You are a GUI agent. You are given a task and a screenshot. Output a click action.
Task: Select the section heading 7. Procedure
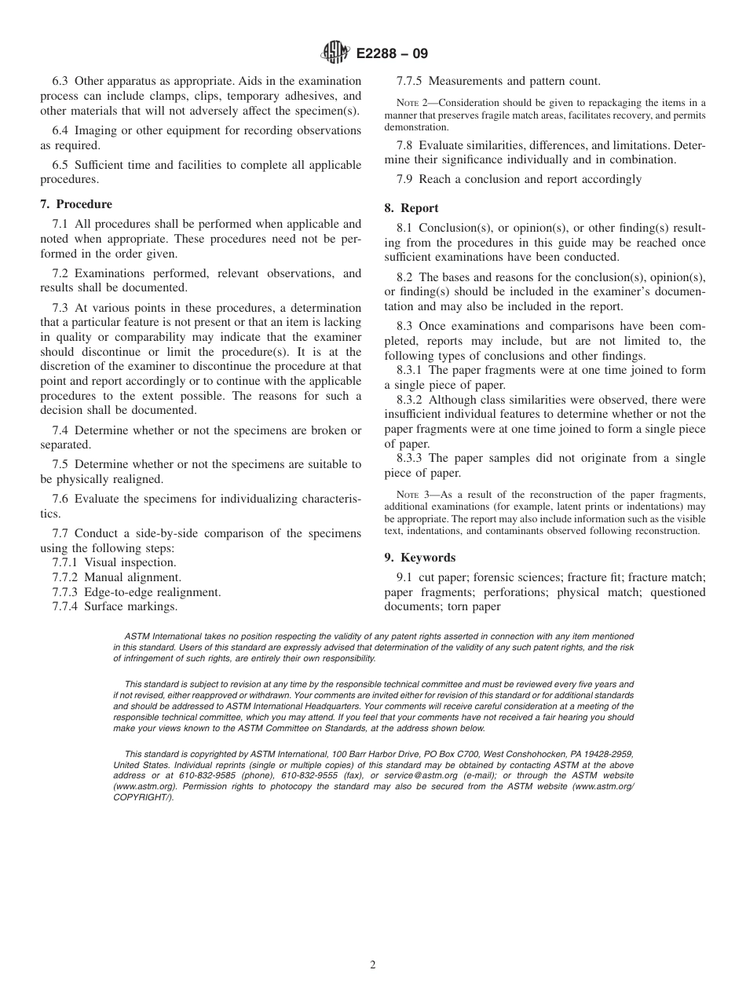[x=76, y=204]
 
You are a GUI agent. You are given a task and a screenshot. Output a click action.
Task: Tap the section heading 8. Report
[x=411, y=208]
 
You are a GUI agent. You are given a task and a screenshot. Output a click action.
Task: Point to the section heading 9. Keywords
[x=420, y=558]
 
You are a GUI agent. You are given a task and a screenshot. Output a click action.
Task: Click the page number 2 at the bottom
[x=373, y=965]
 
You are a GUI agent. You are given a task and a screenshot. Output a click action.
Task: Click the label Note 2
[x=411, y=103]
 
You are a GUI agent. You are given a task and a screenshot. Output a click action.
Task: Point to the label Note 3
[x=411, y=495]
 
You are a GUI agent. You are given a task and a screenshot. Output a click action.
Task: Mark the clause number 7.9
[x=407, y=179]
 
